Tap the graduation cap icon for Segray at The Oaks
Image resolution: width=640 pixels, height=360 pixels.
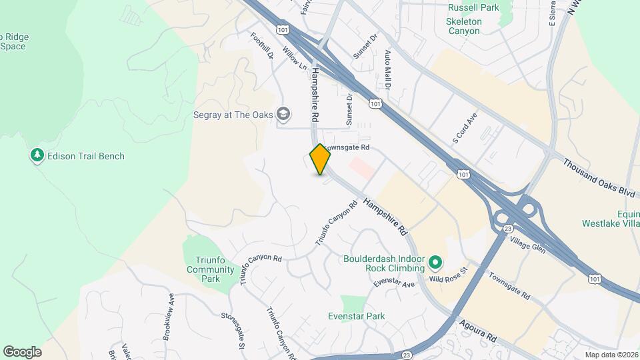285,115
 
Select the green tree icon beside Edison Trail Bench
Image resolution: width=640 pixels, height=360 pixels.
37,156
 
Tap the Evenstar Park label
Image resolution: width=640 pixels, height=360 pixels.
356,316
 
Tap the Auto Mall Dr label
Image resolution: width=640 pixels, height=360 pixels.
387,69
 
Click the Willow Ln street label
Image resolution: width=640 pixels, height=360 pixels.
294,59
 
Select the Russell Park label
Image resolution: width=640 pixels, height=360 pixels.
473,8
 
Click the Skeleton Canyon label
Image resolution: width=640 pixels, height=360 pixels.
463,26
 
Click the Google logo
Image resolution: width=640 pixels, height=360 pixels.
22,352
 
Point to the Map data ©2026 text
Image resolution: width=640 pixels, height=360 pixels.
610,355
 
